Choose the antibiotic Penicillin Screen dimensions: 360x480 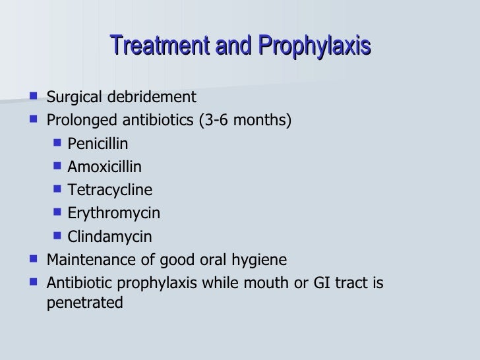coord(98,144)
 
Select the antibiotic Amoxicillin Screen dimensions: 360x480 coord(104,167)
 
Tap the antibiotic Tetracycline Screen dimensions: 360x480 coord(109,191)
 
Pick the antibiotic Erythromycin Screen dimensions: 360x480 coord(113,214)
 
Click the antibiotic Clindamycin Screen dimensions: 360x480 coord(109,237)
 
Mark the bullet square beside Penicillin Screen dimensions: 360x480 coord(57,143)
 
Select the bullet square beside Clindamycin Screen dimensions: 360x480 coord(57,236)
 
